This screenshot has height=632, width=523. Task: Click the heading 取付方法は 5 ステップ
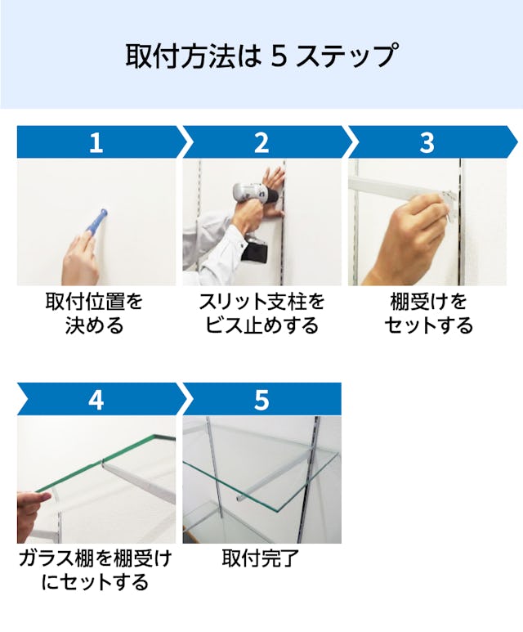pyautogui.click(x=261, y=56)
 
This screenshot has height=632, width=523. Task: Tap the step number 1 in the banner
pyautogui.click(x=96, y=142)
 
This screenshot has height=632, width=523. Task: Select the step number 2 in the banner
pyautogui.click(x=261, y=142)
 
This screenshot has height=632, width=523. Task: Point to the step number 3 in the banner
pyautogui.click(x=427, y=142)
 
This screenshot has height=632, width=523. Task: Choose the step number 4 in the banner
pyautogui.click(x=96, y=400)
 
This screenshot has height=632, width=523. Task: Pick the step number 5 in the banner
pyautogui.click(x=261, y=400)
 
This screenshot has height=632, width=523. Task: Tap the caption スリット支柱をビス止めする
pyautogui.click(x=261, y=314)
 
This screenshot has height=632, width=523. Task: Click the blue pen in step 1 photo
pyautogui.click(x=96, y=223)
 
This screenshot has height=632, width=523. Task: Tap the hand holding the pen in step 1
pyautogui.click(x=80, y=258)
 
